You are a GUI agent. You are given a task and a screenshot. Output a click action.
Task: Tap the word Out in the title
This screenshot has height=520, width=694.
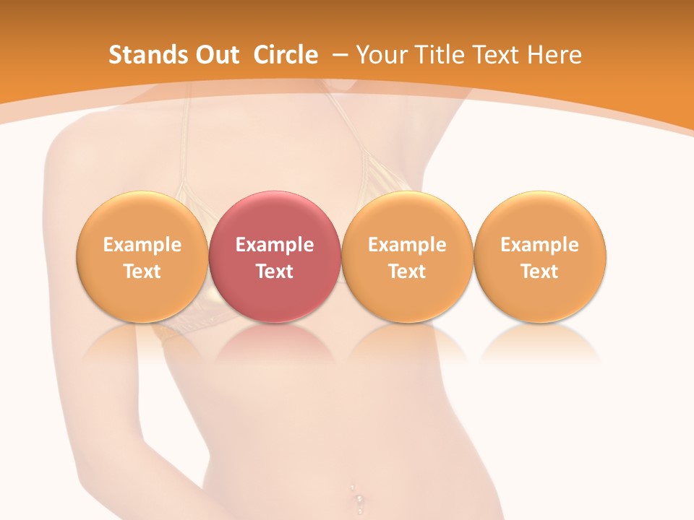pyautogui.click(x=215, y=55)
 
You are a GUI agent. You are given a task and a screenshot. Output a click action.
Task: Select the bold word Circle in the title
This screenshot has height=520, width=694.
pyautogui.click(x=286, y=55)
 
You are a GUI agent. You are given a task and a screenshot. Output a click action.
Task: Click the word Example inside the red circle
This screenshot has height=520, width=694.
pyautogui.click(x=275, y=245)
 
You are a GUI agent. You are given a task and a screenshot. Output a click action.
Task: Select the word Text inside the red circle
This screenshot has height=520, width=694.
pyautogui.click(x=275, y=272)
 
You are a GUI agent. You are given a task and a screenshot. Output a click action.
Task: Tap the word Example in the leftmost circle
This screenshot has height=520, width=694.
pyautogui.click(x=142, y=245)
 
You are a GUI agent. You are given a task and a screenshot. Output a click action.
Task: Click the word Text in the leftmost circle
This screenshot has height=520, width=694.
pyautogui.click(x=142, y=272)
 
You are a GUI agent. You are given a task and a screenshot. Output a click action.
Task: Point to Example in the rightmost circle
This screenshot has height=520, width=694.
pyautogui.click(x=539, y=245)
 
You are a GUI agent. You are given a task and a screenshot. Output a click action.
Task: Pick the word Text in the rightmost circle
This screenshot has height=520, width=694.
pyautogui.click(x=539, y=272)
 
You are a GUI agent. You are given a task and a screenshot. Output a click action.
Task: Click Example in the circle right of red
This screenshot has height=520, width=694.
pyautogui.click(x=407, y=245)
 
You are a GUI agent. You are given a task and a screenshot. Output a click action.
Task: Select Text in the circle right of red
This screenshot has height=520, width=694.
pyautogui.click(x=407, y=272)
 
